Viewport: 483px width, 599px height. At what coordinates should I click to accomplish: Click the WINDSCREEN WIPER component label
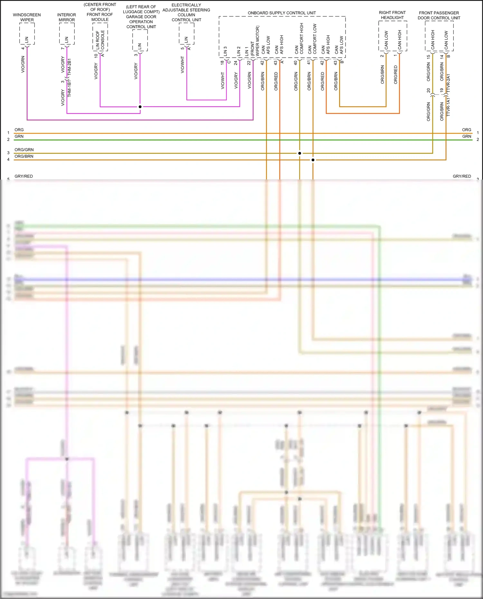27,17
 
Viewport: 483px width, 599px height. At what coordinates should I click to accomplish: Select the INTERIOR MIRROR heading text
67,17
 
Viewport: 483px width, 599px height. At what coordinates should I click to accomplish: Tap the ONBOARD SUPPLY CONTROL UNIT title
282,13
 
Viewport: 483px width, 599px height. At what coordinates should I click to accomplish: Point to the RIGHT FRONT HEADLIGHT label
392,15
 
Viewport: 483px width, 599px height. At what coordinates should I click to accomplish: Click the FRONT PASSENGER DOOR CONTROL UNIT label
439,15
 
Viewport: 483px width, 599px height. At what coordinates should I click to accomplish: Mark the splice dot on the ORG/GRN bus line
300,153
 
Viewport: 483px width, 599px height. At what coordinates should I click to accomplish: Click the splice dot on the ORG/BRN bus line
313,160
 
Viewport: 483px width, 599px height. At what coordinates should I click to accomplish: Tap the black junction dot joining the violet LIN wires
140,107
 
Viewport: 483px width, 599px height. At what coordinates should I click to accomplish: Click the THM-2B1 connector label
70,67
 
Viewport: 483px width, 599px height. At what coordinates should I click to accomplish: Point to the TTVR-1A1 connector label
448,107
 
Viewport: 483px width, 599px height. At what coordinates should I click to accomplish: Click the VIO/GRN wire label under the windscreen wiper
23,64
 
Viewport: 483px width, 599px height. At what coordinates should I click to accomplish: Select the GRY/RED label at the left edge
24,176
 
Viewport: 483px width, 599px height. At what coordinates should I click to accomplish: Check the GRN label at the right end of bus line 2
467,136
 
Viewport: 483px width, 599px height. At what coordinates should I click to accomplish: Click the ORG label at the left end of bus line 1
19,130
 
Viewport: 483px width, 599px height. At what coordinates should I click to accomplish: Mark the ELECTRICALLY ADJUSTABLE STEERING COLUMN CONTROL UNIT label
186,13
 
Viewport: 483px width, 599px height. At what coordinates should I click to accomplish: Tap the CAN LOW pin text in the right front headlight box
386,40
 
